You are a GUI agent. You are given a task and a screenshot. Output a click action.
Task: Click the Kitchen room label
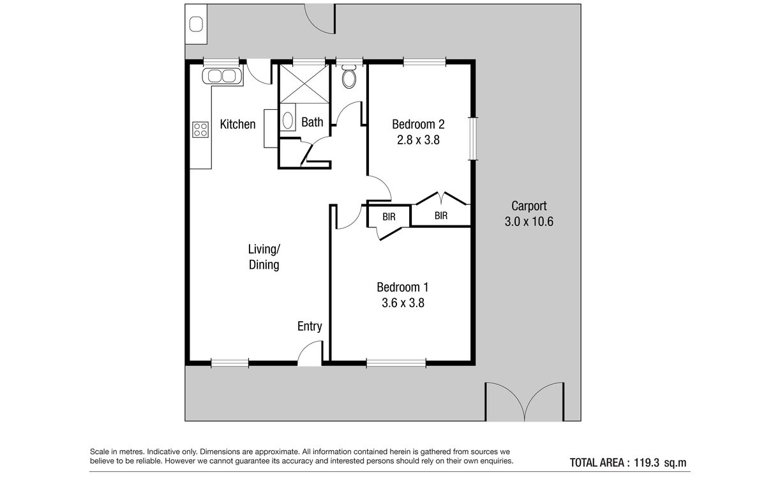237,124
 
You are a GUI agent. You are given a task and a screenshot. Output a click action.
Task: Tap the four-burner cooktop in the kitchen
200,130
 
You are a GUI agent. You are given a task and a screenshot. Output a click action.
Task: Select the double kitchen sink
222,76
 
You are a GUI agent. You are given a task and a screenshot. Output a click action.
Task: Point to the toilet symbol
349,76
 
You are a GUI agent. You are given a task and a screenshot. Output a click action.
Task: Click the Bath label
312,122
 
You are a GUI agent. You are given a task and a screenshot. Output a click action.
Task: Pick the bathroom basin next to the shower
288,117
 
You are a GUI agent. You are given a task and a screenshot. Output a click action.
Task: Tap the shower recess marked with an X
304,84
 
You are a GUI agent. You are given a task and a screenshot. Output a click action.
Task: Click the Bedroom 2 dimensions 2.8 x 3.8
418,140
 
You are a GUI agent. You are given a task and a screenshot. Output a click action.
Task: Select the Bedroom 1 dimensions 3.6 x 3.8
403,303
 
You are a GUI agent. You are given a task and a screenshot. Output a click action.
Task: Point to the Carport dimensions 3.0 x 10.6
529,222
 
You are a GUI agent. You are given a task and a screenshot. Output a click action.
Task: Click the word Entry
310,326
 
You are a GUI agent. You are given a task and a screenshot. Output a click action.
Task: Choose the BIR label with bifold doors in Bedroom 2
441,216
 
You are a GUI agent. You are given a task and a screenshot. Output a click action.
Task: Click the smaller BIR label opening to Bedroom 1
389,217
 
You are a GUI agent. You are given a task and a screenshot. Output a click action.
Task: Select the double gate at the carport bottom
525,402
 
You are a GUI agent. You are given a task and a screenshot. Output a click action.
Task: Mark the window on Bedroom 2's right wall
473,139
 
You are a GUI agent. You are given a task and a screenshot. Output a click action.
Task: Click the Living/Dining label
264,257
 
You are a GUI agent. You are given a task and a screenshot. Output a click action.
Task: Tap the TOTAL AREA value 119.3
647,462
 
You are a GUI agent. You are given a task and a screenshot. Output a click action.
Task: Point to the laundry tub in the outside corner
197,25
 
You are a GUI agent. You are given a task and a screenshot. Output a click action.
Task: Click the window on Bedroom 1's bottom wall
396,363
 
